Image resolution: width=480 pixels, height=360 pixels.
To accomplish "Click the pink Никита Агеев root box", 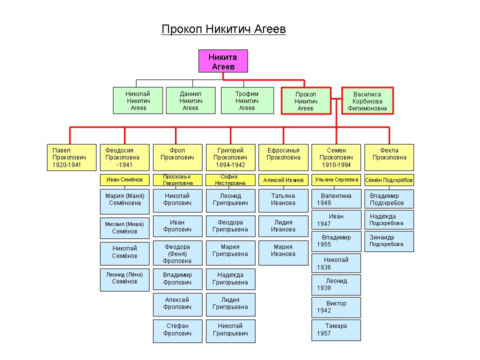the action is pyautogui.click(x=223, y=61).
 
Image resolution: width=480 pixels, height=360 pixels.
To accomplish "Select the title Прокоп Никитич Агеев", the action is pyautogui.click(x=223, y=29).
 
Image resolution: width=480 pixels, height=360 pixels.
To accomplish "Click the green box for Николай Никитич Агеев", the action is pyautogui.click(x=138, y=100).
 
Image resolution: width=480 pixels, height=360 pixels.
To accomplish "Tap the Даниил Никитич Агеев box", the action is pyautogui.click(x=190, y=100).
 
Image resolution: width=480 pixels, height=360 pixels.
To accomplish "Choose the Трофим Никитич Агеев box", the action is pyautogui.click(x=247, y=100).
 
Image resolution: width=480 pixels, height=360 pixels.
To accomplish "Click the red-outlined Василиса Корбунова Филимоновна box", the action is pyautogui.click(x=367, y=100).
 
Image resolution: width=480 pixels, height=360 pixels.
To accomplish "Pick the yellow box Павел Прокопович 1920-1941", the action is pyautogui.click(x=71, y=157).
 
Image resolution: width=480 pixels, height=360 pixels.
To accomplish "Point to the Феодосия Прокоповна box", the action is pyautogui.click(x=124, y=157).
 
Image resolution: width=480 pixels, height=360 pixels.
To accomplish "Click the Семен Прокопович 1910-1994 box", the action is pyautogui.click(x=336, y=157).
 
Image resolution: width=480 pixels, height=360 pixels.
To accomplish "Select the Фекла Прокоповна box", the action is pyautogui.click(x=389, y=157).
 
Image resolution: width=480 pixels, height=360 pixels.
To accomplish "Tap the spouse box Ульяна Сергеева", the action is pyautogui.click(x=336, y=180).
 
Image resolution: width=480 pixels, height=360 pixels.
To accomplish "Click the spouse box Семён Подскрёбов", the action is pyautogui.click(x=389, y=180).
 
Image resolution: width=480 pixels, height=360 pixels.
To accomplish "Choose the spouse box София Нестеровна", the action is pyautogui.click(x=230, y=180).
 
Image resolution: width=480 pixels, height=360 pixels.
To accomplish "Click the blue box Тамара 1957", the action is pyautogui.click(x=336, y=330).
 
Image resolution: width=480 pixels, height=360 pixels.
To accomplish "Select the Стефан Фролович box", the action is pyautogui.click(x=177, y=331).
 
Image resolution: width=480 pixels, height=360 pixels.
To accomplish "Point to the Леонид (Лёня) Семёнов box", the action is pyautogui.click(x=124, y=280).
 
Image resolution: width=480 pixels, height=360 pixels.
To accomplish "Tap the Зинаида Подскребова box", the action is pyautogui.click(x=389, y=241).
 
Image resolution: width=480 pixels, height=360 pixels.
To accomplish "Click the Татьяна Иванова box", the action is pyautogui.click(x=283, y=200).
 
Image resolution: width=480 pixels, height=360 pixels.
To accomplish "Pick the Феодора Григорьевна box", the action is pyautogui.click(x=230, y=226).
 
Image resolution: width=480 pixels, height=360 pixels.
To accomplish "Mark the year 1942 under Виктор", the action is pyautogui.click(x=324, y=310).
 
